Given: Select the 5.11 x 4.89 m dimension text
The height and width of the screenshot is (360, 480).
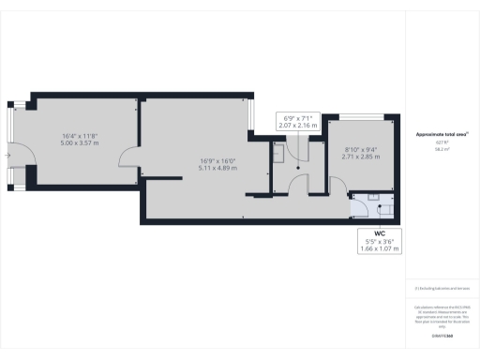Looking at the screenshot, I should tap(217, 169).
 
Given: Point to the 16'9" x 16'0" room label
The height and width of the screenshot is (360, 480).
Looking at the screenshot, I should tap(217, 160).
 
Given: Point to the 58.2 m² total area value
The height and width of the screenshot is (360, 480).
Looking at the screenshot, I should tap(442, 148).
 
